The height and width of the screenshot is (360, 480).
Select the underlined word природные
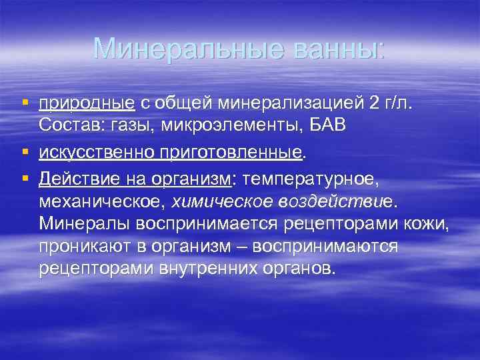pyautogui.click(x=87, y=103)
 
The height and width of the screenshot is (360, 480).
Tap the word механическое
pyautogui.click(x=104, y=201)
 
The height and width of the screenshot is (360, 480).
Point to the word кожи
pyautogui.click(x=427, y=223)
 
